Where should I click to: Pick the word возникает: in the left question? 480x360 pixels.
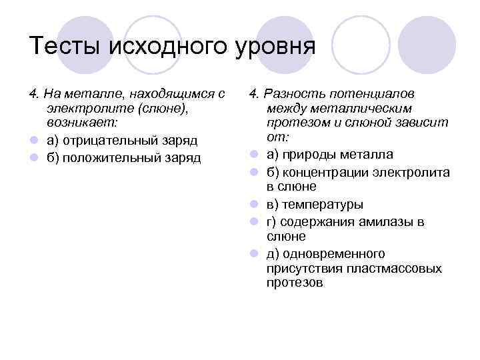point(79,123)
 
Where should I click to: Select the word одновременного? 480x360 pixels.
point(334,254)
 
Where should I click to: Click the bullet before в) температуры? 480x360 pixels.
point(255,205)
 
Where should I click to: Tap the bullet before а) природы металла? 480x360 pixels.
point(255,156)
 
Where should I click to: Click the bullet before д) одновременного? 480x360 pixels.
point(255,255)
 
